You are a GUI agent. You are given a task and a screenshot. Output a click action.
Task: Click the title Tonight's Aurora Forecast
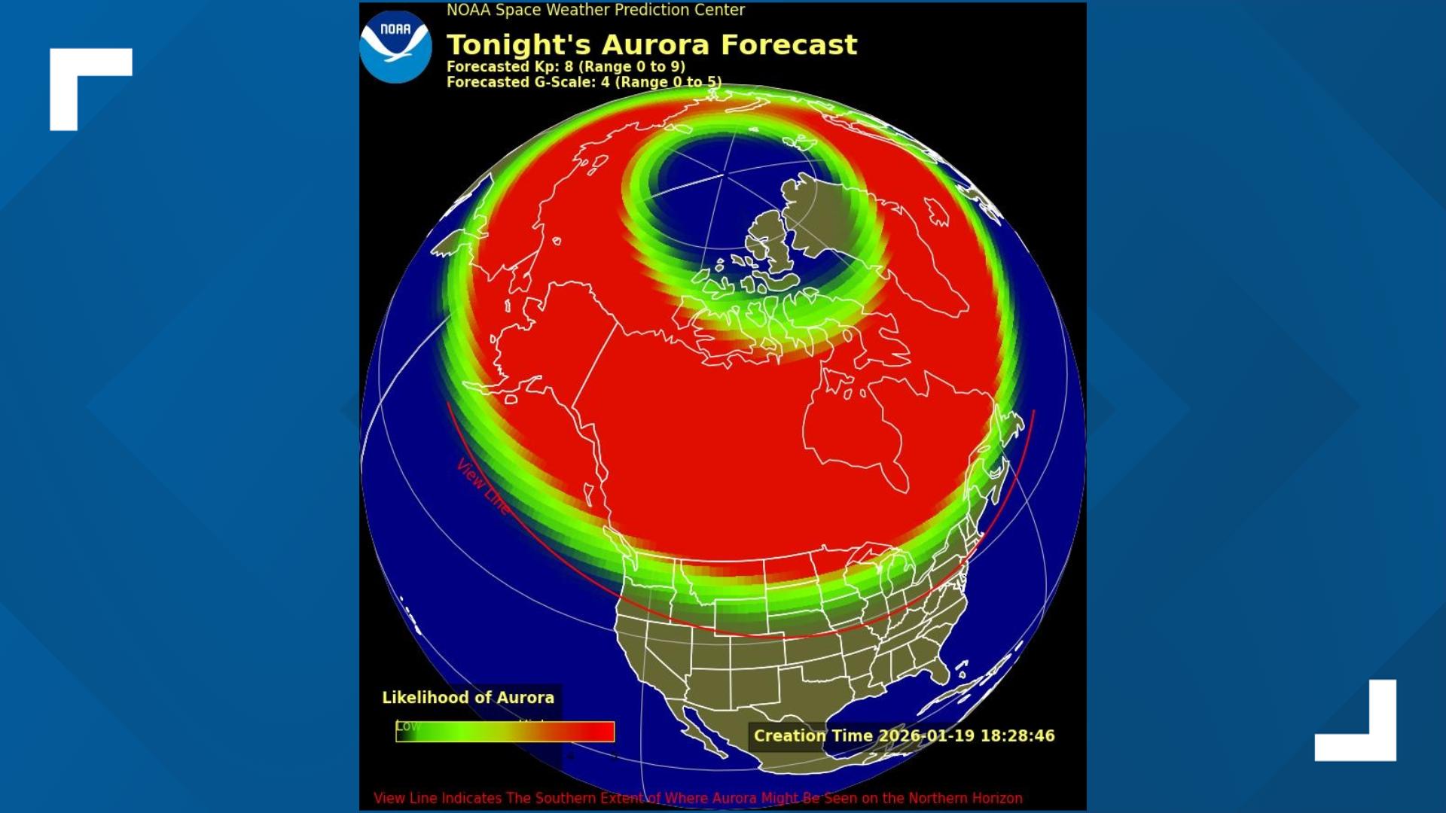click(651, 45)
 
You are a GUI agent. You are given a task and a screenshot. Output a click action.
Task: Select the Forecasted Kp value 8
click(569, 66)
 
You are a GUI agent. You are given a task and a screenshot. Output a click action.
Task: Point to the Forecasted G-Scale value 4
click(605, 82)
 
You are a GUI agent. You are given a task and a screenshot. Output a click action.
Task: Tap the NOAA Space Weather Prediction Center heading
click(595, 11)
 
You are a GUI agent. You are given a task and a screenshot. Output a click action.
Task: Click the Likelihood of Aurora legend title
click(468, 698)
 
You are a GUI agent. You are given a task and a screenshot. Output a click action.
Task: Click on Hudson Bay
click(851, 429)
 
